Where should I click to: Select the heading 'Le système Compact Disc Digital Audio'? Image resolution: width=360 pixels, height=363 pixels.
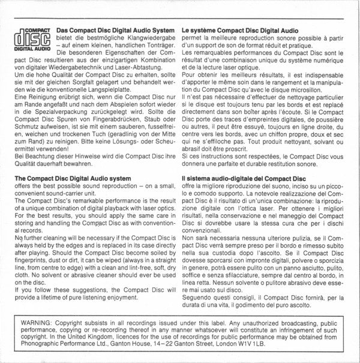coord(239,29)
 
